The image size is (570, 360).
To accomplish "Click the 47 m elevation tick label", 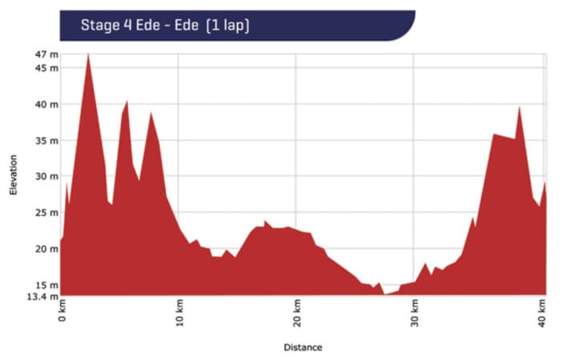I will click(x=47, y=54).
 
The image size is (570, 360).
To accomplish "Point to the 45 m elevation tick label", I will click(x=47, y=68).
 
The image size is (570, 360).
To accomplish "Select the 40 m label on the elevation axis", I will click(x=47, y=104).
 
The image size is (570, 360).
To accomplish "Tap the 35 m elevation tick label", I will click(x=47, y=140).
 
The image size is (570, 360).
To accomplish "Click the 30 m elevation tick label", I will click(x=47, y=176).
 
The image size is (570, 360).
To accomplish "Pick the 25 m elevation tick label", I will click(x=47, y=212).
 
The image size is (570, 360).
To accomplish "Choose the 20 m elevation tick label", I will click(x=47, y=248).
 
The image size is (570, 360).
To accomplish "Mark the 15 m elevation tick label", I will click(x=47, y=284).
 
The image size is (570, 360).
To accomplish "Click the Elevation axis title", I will click(x=13, y=175).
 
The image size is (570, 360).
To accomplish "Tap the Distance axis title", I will click(x=303, y=347).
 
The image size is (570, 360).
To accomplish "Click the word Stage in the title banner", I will click(x=98, y=25).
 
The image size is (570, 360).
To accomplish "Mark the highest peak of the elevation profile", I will click(x=87, y=54).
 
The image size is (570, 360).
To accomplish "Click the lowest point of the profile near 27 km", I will click(x=386, y=294).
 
